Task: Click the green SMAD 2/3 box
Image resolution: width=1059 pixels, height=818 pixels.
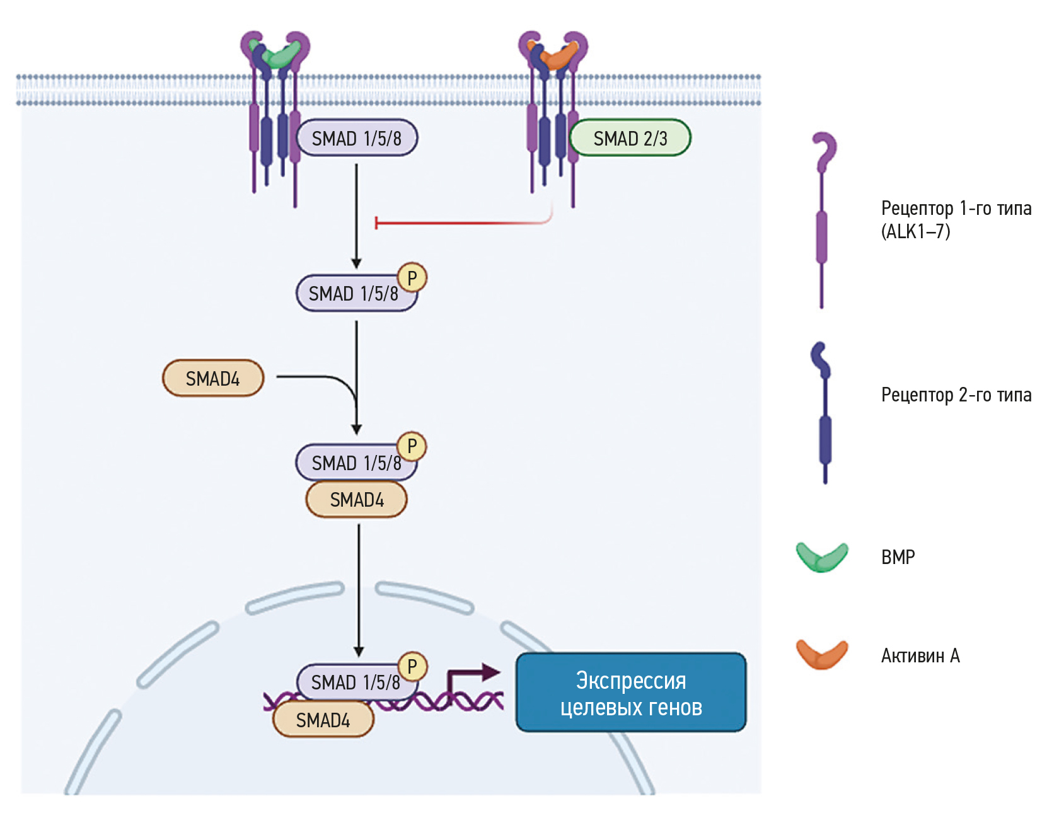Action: (x=630, y=138)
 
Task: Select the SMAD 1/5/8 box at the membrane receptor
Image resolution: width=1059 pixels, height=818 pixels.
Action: (x=357, y=138)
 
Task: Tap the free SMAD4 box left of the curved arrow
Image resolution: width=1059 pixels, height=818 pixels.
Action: (x=213, y=378)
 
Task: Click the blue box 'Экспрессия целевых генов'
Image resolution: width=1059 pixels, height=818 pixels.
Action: (x=631, y=693)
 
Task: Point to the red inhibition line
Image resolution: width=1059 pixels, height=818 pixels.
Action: (x=460, y=222)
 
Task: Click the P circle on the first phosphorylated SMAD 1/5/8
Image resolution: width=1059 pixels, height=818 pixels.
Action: (x=412, y=278)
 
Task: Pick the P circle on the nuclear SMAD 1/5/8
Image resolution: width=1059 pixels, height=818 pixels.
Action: (x=413, y=666)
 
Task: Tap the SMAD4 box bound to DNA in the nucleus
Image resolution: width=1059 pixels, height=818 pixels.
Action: (x=323, y=720)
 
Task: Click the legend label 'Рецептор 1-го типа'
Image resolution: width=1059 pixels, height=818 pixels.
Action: (x=956, y=208)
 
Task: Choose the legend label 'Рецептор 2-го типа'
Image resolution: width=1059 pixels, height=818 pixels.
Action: (x=956, y=395)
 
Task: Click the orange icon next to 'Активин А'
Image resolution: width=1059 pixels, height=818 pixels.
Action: (x=822, y=655)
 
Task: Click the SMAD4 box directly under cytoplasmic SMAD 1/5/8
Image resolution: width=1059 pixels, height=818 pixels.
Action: (x=357, y=500)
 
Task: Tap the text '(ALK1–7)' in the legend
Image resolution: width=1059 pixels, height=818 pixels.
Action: (x=915, y=232)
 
